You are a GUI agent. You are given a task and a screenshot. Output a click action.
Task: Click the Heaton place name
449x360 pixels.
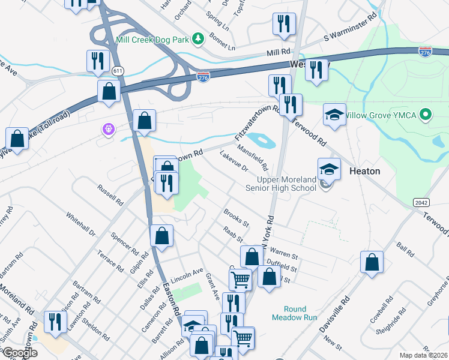point(364,171)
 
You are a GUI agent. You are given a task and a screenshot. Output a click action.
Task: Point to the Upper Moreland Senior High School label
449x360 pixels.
point(286,184)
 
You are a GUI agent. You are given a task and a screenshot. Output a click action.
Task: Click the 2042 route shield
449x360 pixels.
point(421,203)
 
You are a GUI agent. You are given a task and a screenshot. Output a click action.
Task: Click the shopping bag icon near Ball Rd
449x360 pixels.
point(372,262)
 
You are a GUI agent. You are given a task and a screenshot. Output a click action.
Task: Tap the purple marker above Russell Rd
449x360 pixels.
point(108,129)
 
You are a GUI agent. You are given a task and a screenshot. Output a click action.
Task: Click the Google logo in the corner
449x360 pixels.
point(20,353)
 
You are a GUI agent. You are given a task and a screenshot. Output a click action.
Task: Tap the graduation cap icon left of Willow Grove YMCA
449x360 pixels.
point(334,114)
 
